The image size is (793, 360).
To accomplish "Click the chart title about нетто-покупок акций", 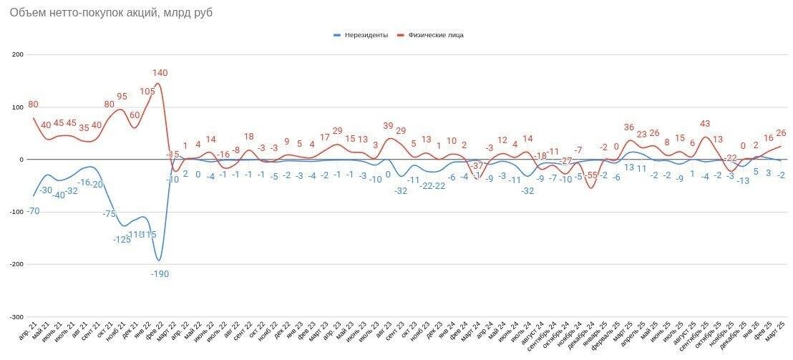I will [x=111, y=13].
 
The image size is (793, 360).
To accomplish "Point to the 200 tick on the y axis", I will [x=18, y=54].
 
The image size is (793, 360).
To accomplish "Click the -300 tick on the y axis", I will [x=16, y=317].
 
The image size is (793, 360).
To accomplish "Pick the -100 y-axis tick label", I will [x=16, y=212].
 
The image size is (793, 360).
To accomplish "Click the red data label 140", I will [x=160, y=73].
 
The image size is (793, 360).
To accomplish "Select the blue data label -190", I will [x=160, y=273].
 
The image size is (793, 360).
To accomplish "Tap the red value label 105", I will [x=147, y=92].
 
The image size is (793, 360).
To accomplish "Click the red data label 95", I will [x=122, y=97].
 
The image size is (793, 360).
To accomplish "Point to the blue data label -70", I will [x=33, y=211].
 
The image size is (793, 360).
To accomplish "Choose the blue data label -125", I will [x=122, y=239].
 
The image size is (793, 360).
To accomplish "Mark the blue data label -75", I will [x=109, y=214].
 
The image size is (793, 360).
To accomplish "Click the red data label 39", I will [x=388, y=126].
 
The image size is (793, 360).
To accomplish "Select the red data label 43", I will [x=705, y=124].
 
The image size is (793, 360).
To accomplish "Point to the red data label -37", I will [x=477, y=166].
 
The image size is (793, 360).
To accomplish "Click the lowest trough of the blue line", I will [x=159, y=260].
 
